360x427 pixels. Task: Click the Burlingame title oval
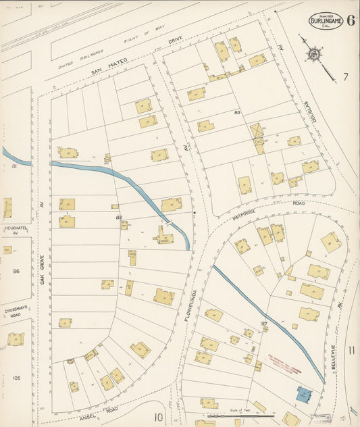(x=327, y=21)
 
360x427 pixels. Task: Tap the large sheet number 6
(x=352, y=20)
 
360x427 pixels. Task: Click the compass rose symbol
(x=314, y=53)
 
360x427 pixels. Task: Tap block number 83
(x=237, y=112)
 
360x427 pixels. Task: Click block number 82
(x=119, y=217)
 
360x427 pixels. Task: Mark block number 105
(x=16, y=378)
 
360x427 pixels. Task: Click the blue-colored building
(x=305, y=393)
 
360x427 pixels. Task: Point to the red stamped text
(x=283, y=355)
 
